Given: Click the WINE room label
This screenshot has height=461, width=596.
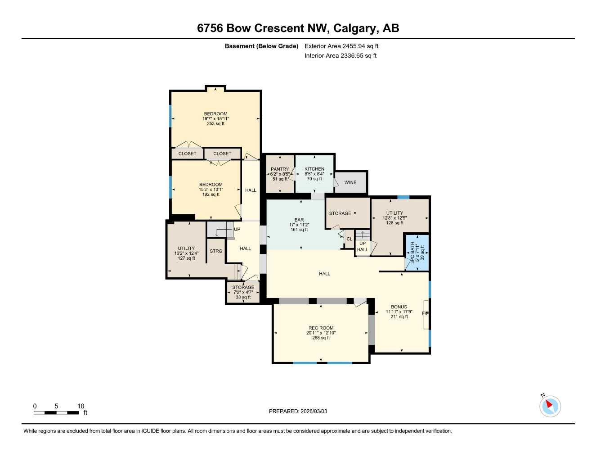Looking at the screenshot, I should click(350, 182).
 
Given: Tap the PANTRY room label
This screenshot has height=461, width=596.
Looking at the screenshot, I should click(280, 169).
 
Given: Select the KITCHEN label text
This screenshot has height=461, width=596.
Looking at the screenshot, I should click(314, 169).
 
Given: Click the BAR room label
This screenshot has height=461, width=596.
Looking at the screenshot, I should click(299, 220).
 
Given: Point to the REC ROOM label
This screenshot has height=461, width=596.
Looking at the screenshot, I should click(321, 328).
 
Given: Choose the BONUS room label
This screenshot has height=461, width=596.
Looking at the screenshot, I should click(399, 307).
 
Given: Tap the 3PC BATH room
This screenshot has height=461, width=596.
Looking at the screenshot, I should click(417, 253).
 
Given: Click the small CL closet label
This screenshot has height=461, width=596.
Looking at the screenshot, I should click(349, 239).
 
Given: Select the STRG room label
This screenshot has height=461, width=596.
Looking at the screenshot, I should click(216, 251).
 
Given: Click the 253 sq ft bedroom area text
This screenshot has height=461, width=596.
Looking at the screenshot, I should click(216, 124).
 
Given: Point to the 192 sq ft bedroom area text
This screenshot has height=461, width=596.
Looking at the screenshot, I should click(211, 194).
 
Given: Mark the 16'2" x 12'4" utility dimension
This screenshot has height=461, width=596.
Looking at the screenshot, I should click(186, 253).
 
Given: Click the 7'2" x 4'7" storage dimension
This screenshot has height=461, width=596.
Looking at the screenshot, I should click(243, 292).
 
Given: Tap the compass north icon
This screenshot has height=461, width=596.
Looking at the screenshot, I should click(550, 406).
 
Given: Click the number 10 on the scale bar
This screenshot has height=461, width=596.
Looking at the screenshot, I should click(81, 406).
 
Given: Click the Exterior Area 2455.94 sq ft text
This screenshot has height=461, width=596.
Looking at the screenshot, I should click(341, 46).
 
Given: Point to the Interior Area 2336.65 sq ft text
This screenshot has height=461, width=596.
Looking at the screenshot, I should click(341, 56).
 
